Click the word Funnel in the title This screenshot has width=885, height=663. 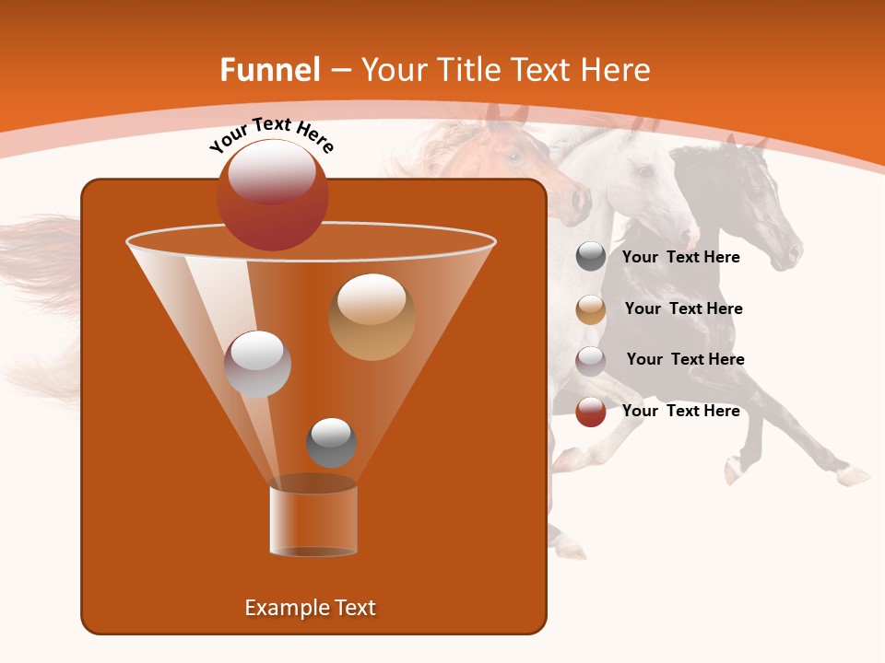coord(269,70)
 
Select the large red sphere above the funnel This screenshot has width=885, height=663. coord(272,194)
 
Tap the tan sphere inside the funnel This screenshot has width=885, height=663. coord(372,316)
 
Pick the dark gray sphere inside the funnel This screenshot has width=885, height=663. coord(331,442)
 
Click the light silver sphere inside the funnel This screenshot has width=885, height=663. coord(257,364)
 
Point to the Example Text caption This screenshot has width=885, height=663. coord(310,608)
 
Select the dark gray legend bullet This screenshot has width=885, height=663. coord(591,257)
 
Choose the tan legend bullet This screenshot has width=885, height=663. coord(591,309)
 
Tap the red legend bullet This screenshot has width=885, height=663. coord(591,412)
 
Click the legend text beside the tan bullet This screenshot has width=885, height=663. coord(683,308)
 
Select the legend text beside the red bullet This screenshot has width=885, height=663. coord(680,411)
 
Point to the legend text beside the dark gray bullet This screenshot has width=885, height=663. coord(680,257)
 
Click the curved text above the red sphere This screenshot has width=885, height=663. coord(271,134)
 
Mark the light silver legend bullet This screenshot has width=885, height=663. coord(591,361)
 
